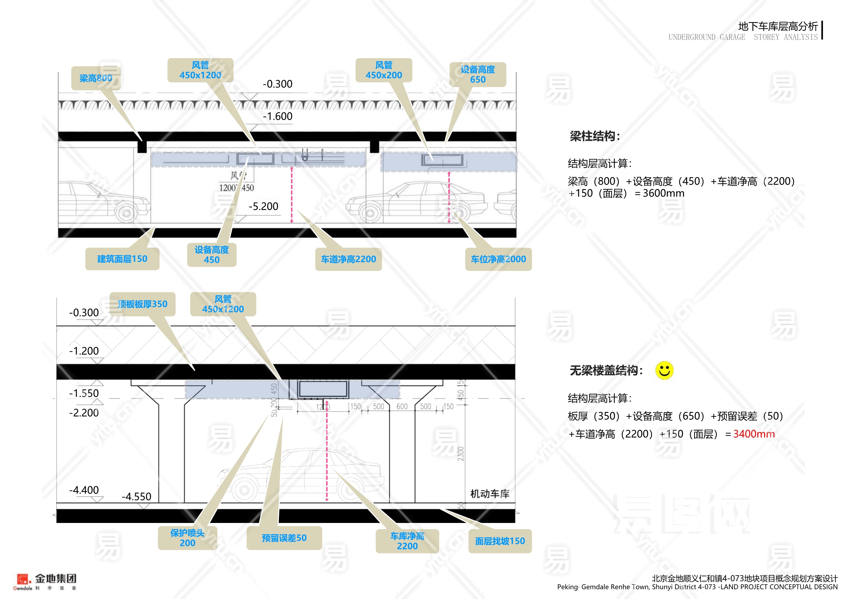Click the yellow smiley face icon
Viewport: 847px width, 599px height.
664,370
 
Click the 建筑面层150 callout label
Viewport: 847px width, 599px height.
122,259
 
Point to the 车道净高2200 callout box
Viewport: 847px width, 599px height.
348,259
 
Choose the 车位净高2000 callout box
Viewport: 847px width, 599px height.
498,259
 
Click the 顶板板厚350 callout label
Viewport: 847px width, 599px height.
142,304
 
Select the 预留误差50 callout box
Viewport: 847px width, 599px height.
284,538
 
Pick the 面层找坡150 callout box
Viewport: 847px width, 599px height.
500,541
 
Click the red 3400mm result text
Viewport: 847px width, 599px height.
754,434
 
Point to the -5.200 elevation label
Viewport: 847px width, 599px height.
263,207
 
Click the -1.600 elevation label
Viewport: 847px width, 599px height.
277,117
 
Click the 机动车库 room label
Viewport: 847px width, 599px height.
490,494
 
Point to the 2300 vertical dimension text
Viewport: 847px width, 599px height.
461,454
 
